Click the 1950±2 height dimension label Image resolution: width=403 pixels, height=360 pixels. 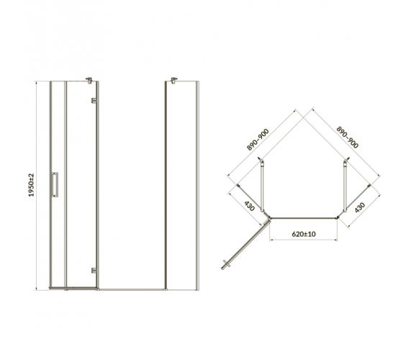click(x=31, y=185)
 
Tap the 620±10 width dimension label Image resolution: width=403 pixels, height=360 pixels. click(x=304, y=234)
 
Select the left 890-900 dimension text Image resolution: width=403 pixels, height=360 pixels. click(x=258, y=140)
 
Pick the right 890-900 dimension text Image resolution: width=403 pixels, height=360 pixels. click(x=347, y=138)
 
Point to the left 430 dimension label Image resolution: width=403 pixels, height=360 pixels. click(x=249, y=206)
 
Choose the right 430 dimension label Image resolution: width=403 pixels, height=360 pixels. click(x=360, y=207)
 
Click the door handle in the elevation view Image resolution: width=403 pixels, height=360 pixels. click(x=55, y=184)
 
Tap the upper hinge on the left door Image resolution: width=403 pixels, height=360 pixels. click(x=94, y=100)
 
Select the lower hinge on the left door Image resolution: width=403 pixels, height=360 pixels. click(x=94, y=270)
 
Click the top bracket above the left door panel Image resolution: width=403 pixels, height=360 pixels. click(x=89, y=80)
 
